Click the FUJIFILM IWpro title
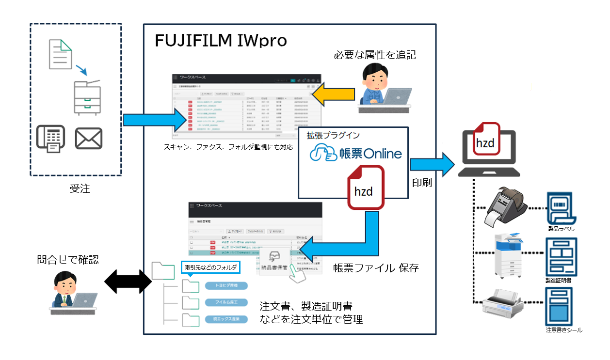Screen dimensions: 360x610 pos(221,41)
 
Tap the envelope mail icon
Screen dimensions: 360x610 pos(89,139)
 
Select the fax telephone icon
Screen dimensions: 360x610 pos(51,139)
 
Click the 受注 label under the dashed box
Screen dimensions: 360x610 pos(80,189)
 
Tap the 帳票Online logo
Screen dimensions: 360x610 pos(356,153)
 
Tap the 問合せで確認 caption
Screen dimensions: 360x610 pos(68,260)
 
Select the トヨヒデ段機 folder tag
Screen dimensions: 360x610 pos(226,285)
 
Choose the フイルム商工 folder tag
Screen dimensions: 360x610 pos(226,302)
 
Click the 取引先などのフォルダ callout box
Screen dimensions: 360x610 pos(209,267)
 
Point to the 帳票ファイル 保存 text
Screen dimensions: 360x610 pos(376,268)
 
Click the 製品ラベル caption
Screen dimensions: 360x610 pos(562,228)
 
